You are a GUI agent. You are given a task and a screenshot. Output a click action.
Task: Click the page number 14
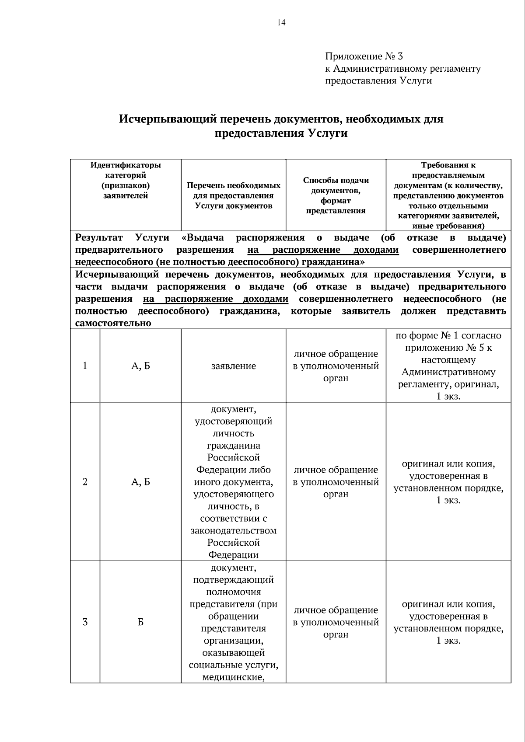point(281,23)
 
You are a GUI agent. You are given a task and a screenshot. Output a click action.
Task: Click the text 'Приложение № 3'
point(364,56)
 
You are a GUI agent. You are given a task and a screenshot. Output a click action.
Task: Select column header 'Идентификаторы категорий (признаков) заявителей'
point(126,180)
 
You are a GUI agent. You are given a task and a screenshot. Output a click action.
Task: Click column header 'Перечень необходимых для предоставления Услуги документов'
point(233,195)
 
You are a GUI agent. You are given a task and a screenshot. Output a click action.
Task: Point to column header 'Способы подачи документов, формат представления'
point(336,195)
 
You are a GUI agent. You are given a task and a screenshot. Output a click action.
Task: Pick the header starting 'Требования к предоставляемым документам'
point(448,195)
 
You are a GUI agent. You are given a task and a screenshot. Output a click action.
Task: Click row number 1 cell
point(85,366)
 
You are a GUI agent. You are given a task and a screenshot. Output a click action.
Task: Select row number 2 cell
point(85,482)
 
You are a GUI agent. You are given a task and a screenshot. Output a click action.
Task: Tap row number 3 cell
point(85,622)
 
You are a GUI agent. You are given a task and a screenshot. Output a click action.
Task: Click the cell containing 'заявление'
point(233,366)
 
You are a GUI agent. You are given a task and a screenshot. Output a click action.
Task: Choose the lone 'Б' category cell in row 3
point(140,622)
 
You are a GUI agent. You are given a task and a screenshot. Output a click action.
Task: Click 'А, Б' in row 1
point(140,366)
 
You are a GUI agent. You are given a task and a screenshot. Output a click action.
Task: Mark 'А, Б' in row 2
point(140,482)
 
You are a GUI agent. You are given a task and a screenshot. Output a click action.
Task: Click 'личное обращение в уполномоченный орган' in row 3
point(336,622)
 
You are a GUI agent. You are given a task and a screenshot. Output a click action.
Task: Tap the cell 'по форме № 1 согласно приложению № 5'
point(448,366)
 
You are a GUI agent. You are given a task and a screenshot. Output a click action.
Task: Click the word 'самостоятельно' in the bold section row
point(113,323)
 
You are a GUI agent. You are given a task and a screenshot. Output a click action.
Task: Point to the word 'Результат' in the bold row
point(99,237)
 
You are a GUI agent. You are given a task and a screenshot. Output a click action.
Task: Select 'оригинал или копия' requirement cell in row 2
point(448,482)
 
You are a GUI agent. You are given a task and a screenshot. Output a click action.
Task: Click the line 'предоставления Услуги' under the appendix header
point(378,81)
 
